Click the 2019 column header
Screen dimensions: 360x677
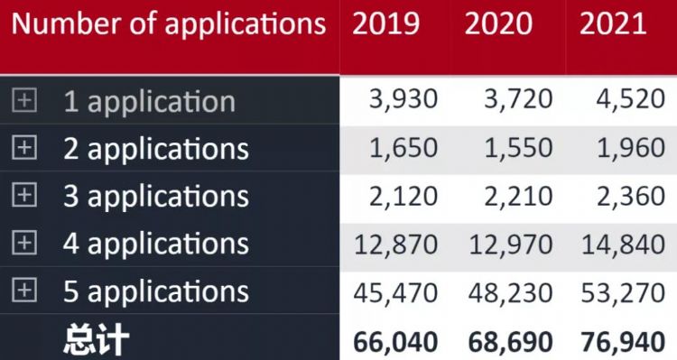point(385,24)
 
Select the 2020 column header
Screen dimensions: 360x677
point(498,24)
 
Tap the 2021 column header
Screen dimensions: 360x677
point(613,24)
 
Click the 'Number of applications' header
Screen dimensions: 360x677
point(169,24)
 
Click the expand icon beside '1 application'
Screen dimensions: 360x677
point(24,100)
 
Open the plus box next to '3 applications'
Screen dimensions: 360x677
point(24,194)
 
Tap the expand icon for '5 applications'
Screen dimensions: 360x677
point(24,290)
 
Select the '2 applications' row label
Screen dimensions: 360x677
point(155,148)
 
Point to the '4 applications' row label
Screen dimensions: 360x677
point(155,243)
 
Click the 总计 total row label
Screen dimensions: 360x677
point(97,340)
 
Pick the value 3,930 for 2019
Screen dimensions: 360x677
point(403,99)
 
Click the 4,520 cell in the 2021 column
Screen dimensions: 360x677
point(630,99)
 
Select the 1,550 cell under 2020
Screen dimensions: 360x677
point(517,147)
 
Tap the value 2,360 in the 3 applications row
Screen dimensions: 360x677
point(630,195)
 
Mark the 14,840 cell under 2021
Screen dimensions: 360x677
point(623,243)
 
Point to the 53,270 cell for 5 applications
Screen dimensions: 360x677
point(623,291)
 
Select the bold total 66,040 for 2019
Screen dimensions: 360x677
point(394,341)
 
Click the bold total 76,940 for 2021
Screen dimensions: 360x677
point(622,341)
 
